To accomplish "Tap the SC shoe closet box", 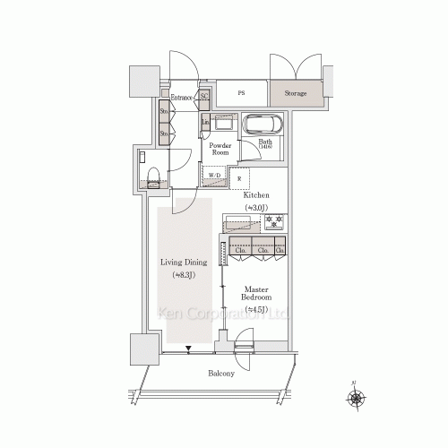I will tap(204, 96).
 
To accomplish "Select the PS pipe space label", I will tap(242, 93).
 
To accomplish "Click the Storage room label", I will tap(296, 93).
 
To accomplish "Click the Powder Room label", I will tap(220, 148).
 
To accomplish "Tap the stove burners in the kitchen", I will tap(273, 221).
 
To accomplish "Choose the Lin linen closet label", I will tap(205, 122).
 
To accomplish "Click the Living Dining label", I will tap(184, 263).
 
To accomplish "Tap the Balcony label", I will tap(222, 373).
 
